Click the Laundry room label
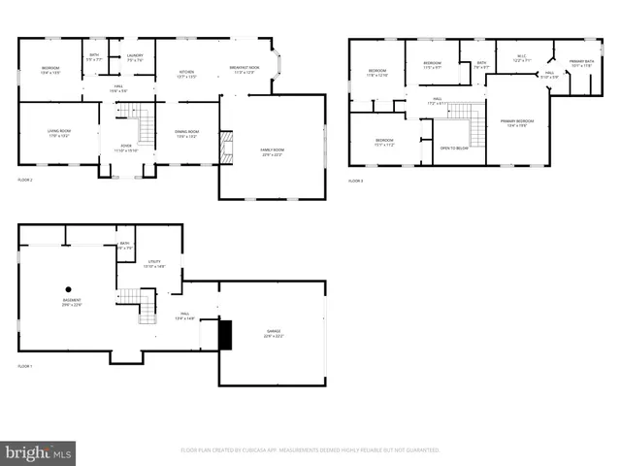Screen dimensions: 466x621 (x=136, y=57)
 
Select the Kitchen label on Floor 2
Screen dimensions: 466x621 (x=187, y=74)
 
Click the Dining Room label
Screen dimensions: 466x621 (x=186, y=134)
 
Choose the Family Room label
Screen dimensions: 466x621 (x=273, y=151)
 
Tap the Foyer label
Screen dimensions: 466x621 (x=126, y=149)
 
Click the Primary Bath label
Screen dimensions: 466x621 (x=582, y=63)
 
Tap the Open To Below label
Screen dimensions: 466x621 (x=454, y=149)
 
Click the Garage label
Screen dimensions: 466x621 (x=274, y=334)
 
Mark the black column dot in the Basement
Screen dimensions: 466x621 (x=69, y=288)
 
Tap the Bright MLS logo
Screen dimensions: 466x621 (x=39, y=452)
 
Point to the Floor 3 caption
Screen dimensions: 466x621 (x=356, y=182)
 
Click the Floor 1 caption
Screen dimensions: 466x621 (x=25, y=366)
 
